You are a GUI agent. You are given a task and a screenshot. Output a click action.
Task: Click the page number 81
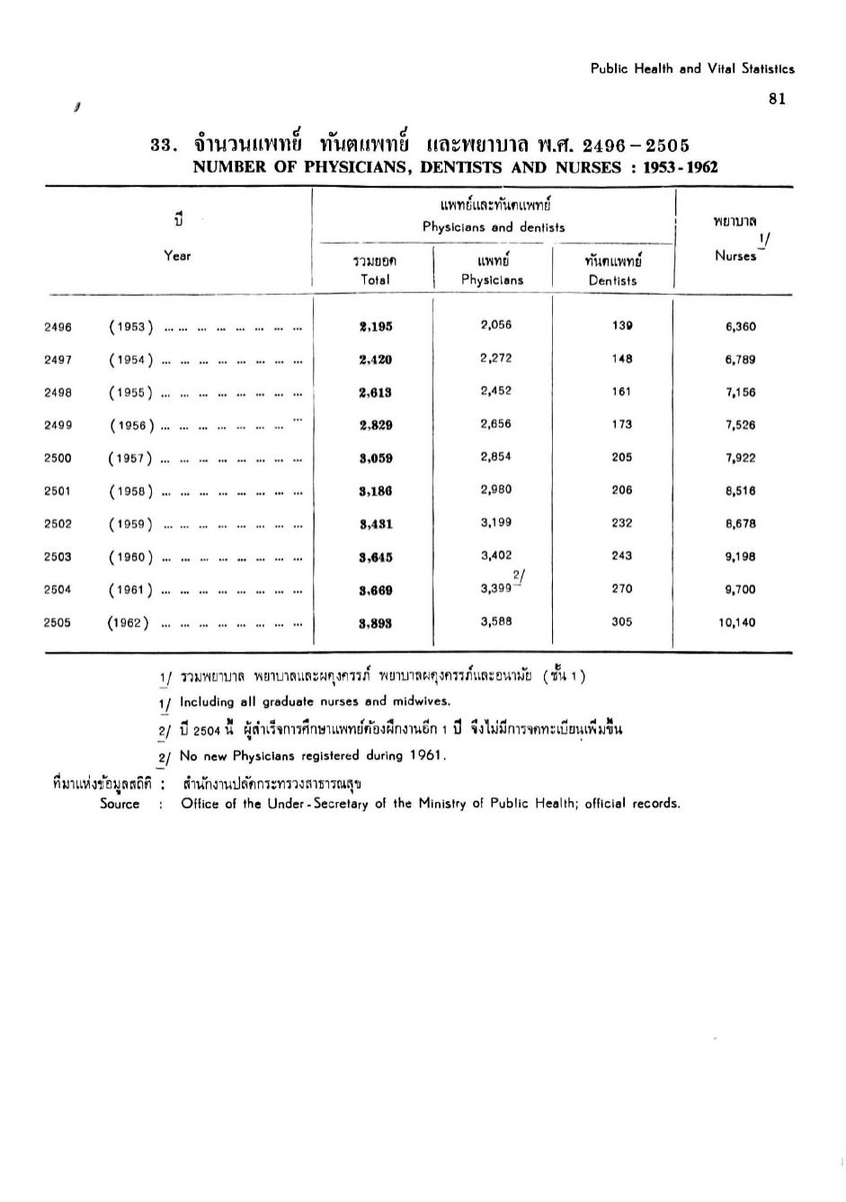click(x=778, y=100)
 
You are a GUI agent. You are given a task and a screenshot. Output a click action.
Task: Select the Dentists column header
click(x=612, y=280)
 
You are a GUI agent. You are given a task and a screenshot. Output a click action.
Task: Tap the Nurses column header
click(x=735, y=256)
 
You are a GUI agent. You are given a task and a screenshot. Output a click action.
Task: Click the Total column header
click(x=375, y=280)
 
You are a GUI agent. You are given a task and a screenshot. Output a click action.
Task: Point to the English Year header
click(x=177, y=256)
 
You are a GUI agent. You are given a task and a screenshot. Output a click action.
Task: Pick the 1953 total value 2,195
click(x=375, y=327)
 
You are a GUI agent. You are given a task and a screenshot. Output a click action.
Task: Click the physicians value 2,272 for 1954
click(x=496, y=358)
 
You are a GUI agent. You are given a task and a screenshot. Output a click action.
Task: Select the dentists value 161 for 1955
click(x=621, y=392)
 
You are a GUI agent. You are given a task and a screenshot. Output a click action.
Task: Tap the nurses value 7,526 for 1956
click(x=741, y=425)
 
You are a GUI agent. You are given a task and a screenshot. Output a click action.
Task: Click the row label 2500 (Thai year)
click(x=58, y=459)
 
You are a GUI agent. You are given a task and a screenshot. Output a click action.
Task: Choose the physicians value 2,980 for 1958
click(x=496, y=490)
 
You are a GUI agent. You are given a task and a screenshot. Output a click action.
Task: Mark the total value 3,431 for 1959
click(x=375, y=524)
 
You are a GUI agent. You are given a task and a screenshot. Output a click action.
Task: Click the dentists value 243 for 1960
click(x=621, y=556)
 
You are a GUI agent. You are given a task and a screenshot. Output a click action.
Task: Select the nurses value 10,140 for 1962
click(x=737, y=622)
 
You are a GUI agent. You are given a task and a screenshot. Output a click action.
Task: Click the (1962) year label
click(x=128, y=622)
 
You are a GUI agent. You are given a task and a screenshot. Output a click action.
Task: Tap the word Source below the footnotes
click(x=120, y=805)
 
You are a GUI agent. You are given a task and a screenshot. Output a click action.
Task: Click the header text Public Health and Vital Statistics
click(x=692, y=68)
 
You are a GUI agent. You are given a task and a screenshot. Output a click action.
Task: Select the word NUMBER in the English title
click(x=226, y=167)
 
